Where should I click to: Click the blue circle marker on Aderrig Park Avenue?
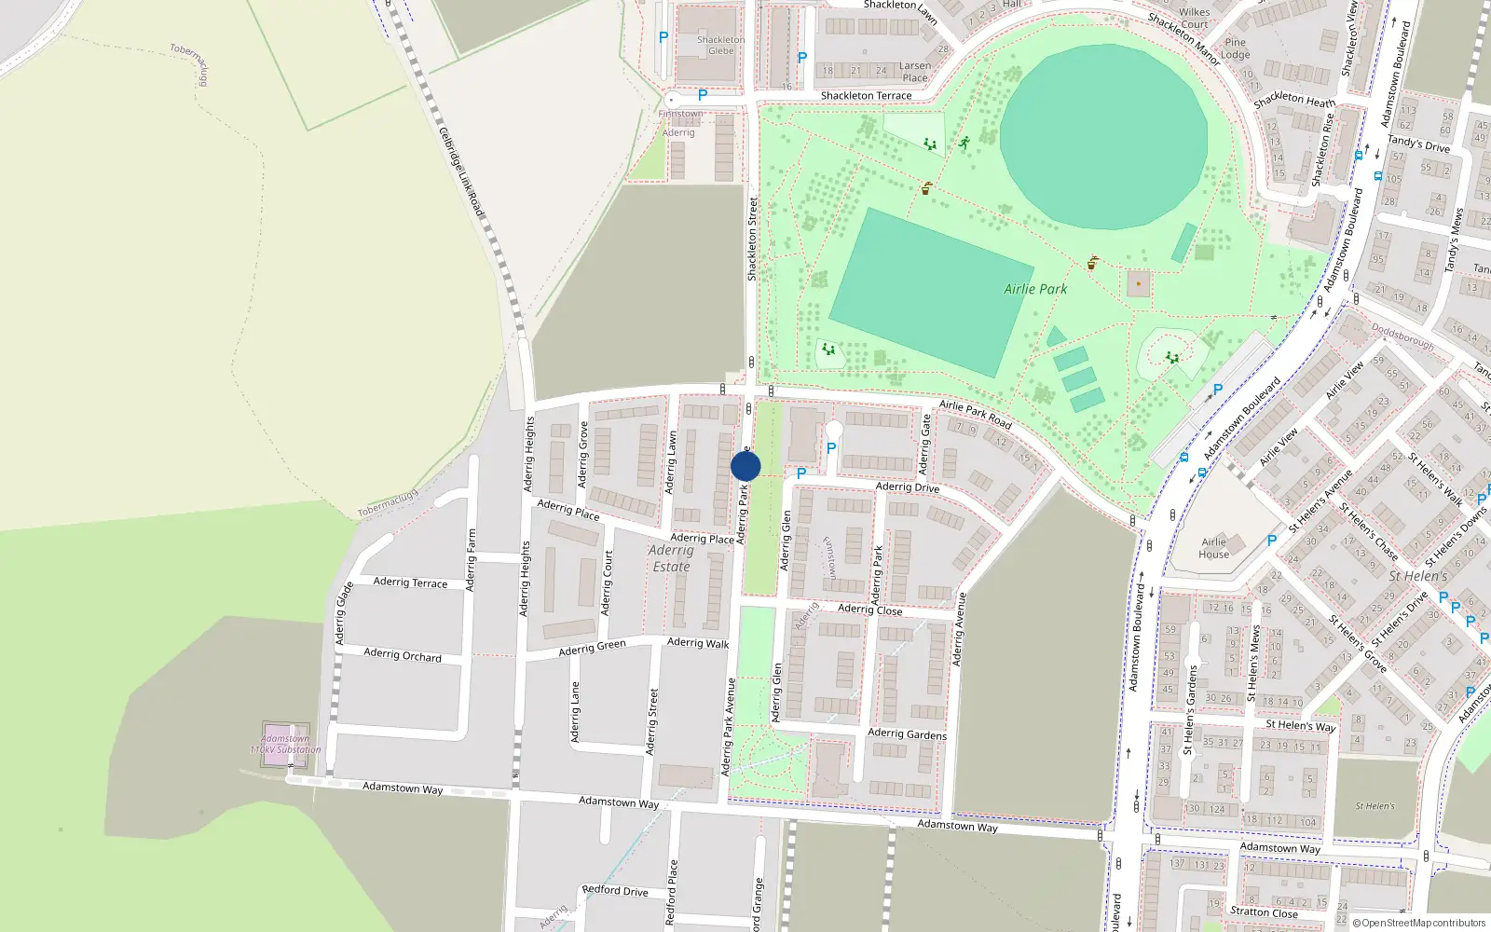tap(745, 466)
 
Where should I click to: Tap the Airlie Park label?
tap(1035, 289)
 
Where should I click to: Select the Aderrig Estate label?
tap(671, 558)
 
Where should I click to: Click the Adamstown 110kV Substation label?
tap(285, 744)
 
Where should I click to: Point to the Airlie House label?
tap(1213, 548)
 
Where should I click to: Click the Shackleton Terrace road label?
tap(866, 96)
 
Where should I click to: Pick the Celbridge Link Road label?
tap(461, 173)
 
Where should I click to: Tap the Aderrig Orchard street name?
tap(403, 655)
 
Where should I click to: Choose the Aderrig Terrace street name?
tap(410, 582)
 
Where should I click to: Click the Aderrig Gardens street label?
tap(907, 733)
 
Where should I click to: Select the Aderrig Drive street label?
tap(908, 487)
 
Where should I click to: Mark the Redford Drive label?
tap(615, 890)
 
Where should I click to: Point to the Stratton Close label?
tap(1264, 911)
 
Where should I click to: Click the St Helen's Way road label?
tap(1300, 725)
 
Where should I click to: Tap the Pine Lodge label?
tap(1236, 48)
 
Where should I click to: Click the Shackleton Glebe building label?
tap(720, 46)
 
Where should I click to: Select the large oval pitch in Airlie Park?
tap(1103, 136)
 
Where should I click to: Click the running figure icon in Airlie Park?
tap(964, 144)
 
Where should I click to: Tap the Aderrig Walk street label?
tap(698, 643)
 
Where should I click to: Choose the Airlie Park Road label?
tap(975, 414)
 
